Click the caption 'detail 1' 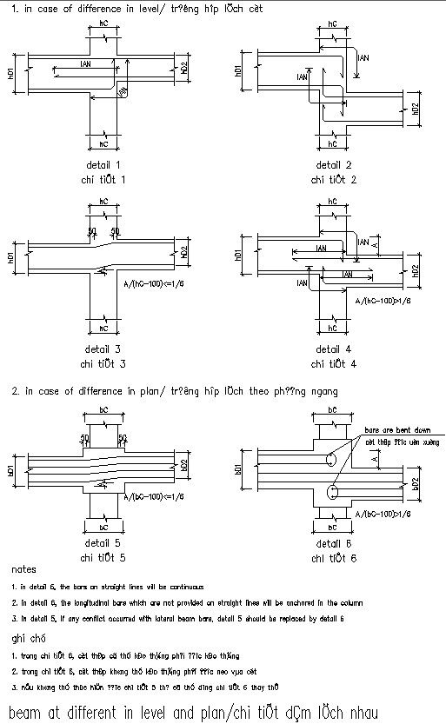pos(103,164)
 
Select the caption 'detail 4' pos(333,349)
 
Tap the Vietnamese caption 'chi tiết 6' pos(333,558)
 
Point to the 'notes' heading pos(23,570)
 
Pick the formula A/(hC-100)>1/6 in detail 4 pos(383,301)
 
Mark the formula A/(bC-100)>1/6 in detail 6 pos(383,515)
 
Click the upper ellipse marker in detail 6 pos(331,461)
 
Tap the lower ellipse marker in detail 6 pos(331,494)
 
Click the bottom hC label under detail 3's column pos(103,329)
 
